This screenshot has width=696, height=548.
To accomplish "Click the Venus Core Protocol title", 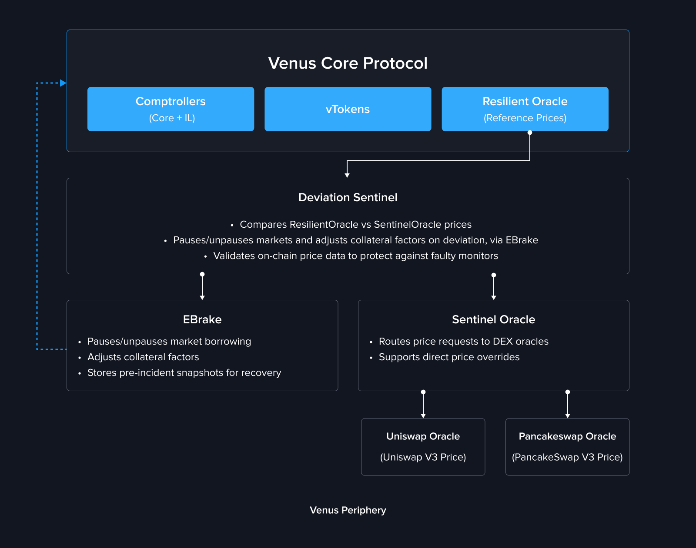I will coord(348,63).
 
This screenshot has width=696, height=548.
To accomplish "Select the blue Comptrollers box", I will coord(171,109).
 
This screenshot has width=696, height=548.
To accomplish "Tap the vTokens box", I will coord(348,109).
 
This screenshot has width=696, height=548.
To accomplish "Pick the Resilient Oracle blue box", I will coord(525,109).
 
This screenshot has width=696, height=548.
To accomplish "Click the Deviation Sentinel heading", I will coord(348,197).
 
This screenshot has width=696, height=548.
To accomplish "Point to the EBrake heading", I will coord(202,319).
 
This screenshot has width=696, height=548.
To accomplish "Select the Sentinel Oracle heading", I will coord(493,319).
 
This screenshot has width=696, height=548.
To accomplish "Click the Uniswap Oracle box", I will coord(423,447).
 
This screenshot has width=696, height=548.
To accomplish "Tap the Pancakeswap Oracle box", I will coord(567,447).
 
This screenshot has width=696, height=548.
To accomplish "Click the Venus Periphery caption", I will coord(348,510).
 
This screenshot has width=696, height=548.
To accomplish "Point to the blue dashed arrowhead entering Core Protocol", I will coord(63,83).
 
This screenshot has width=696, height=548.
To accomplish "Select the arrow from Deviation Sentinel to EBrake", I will coord(202,287).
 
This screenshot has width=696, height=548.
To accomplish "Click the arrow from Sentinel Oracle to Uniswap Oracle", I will coord(423,405).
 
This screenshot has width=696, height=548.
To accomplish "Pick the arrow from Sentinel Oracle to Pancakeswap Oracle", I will coord(568,405).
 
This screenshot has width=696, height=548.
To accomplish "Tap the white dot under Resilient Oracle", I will coord(530,133).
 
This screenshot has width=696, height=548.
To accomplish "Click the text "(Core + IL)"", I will coord(172,118).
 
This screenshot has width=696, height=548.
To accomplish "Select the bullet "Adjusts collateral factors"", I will coord(143,357).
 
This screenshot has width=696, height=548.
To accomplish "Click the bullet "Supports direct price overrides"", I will coord(449,357).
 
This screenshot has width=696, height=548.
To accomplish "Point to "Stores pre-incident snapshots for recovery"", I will coord(184,372).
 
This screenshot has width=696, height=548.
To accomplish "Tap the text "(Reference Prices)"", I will coord(525,118).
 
